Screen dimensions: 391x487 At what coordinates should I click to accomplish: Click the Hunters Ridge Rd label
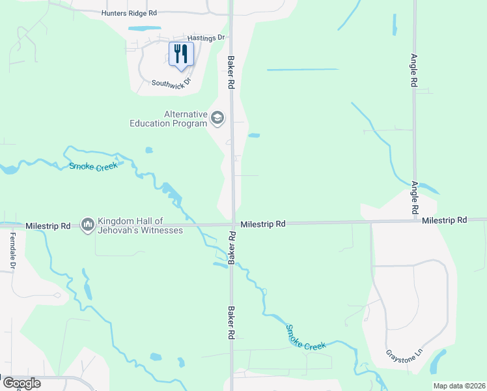pyautogui.click(x=130, y=13)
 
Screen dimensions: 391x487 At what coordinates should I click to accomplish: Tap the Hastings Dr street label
pyautogui.click(x=205, y=38)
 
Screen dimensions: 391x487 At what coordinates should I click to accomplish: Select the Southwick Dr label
pyautogui.click(x=171, y=83)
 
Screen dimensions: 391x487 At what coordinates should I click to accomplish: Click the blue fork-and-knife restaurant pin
pyautogui.click(x=181, y=54)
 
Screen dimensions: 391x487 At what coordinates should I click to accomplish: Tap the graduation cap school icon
pyautogui.click(x=217, y=119)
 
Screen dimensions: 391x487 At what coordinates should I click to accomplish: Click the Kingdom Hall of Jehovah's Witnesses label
pyautogui.click(x=140, y=225)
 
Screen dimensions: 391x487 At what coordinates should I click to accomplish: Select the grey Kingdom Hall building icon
pyautogui.click(x=87, y=225)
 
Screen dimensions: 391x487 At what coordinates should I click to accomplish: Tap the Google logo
pyautogui.click(x=21, y=383)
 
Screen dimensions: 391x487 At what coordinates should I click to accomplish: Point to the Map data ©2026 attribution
pyautogui.click(x=459, y=386)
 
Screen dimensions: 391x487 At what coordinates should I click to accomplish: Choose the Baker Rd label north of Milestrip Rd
pyautogui.click(x=230, y=72)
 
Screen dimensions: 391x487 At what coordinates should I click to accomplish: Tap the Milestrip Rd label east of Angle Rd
pyautogui.click(x=444, y=221)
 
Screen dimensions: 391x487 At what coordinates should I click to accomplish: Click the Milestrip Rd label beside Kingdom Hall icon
pyautogui.click(x=48, y=225)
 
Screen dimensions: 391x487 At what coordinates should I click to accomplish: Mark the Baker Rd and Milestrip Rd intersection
pyautogui.click(x=232, y=225)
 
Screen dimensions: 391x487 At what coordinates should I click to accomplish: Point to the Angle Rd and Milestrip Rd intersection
pyautogui.click(x=414, y=220)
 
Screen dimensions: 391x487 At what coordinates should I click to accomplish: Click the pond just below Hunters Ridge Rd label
pyautogui.click(x=145, y=29)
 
